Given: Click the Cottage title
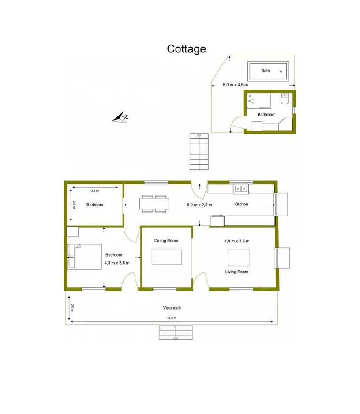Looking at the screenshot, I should tap(186, 49).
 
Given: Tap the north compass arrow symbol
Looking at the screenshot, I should tap(120, 117).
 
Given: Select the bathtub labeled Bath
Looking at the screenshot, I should tap(268, 71).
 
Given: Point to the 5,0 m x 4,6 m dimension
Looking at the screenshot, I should tap(235, 84).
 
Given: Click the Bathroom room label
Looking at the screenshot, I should tap(266, 114).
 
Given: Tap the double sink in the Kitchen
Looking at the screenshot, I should tap(241, 189).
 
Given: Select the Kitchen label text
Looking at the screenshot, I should tap(241, 204).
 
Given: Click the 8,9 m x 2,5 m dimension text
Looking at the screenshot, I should tap(199, 205).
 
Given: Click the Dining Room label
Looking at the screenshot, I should tap(166, 241).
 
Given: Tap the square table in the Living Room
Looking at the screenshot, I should tap(238, 257).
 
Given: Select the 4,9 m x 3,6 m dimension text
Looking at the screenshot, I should tap(237, 241).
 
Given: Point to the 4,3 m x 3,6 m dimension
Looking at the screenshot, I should tap(117, 263).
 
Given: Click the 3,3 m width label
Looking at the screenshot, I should tap(94, 191).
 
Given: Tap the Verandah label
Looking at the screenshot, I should tap(172, 308).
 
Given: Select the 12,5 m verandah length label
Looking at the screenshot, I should tap(172, 318).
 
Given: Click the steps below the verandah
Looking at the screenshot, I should tap(176, 332).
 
